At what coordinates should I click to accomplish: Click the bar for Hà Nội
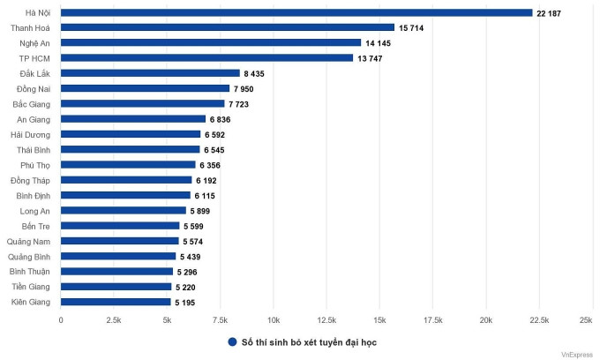click(296, 12)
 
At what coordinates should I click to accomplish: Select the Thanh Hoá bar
click(228, 27)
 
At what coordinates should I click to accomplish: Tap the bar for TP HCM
click(206, 58)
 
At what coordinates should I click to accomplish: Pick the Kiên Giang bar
click(116, 302)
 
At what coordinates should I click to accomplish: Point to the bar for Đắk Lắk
click(150, 73)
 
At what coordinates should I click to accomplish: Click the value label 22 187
click(549, 13)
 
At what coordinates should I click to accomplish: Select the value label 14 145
click(378, 43)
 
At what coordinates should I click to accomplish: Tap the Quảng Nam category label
click(30, 241)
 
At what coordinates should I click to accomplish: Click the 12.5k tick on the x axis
click(326, 319)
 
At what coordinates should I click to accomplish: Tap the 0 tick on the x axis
click(61, 319)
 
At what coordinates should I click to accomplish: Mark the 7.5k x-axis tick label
click(220, 319)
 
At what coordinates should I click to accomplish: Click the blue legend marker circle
click(232, 341)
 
